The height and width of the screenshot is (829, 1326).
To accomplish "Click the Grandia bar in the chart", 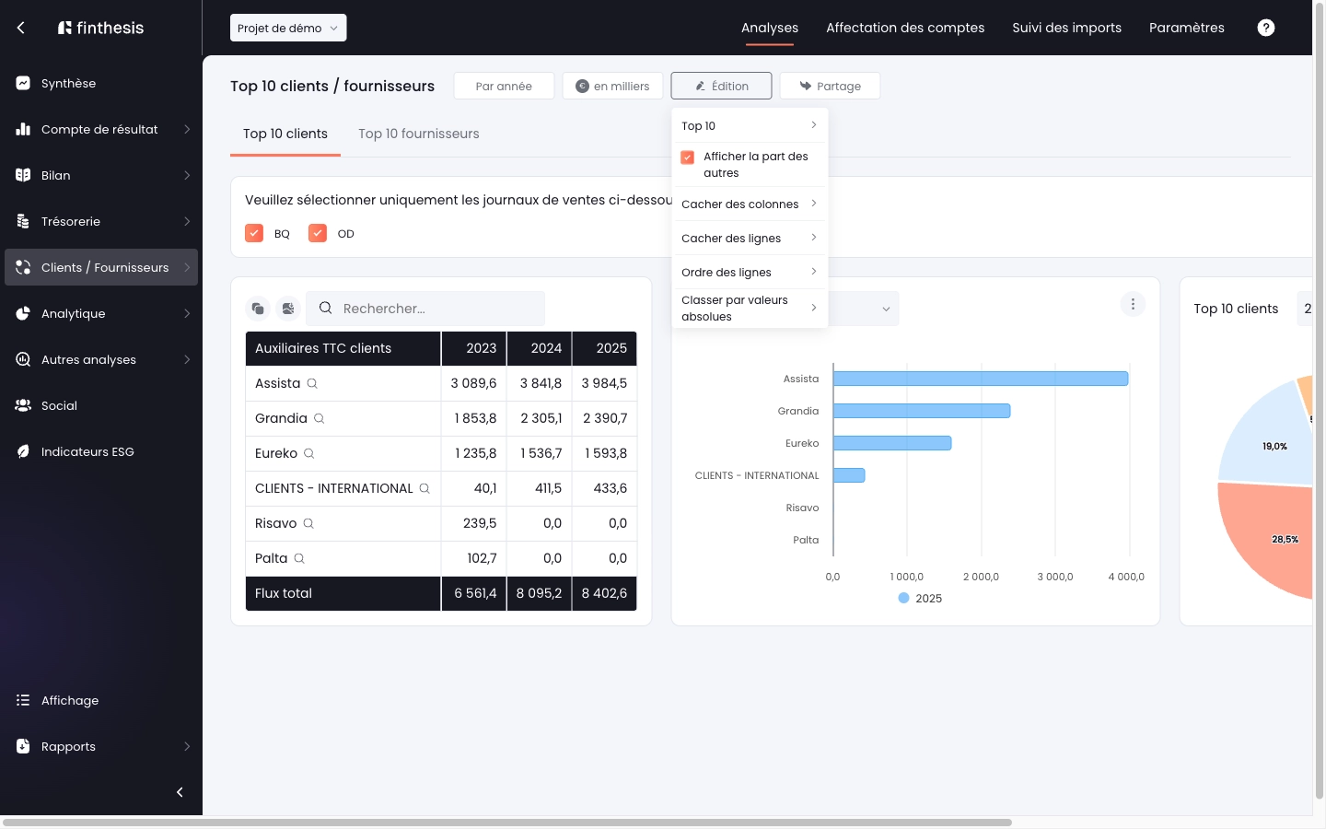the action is click(x=922, y=411).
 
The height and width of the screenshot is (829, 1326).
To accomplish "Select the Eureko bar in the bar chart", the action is click(x=892, y=443).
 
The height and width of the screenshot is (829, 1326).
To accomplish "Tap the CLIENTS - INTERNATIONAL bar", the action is click(x=849, y=475).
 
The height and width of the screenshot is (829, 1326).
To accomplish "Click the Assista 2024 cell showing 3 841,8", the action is click(x=540, y=383).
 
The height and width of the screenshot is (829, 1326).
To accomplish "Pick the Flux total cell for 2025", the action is click(x=604, y=593).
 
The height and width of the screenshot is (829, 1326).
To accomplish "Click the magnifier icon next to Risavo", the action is click(x=308, y=523).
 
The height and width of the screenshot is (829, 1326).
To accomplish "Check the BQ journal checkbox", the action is click(x=254, y=233).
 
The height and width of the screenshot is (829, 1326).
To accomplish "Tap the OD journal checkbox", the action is click(x=318, y=233).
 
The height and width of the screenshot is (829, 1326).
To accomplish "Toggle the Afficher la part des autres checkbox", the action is click(x=687, y=157).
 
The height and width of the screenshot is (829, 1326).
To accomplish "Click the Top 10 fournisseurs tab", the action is click(x=418, y=134).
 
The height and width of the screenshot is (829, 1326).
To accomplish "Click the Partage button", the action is click(x=830, y=86).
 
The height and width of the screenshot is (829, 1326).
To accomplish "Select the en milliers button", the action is click(x=612, y=86).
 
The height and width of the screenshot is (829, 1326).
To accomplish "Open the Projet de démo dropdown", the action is click(x=288, y=28).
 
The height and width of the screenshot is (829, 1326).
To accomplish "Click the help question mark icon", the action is click(x=1265, y=28).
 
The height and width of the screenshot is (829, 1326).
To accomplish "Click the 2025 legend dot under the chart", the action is click(x=903, y=598).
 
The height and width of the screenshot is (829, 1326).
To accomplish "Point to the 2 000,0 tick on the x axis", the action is click(x=981, y=577).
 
